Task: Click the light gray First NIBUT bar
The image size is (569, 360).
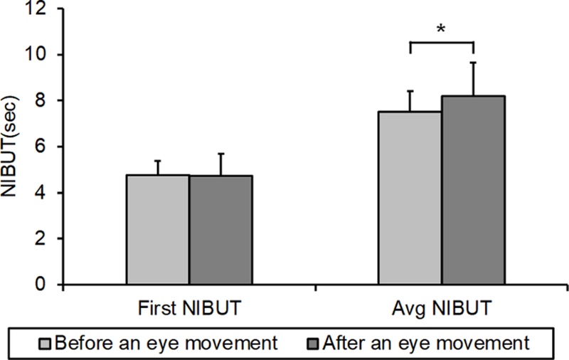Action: coord(158,230)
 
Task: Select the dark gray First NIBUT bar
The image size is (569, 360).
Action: coord(220,230)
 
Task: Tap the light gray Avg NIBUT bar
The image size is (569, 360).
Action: coord(410,198)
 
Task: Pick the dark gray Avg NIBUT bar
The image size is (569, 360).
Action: coord(473,190)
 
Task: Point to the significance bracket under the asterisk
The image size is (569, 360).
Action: coord(442,43)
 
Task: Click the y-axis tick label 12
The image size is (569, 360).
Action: coord(42,9)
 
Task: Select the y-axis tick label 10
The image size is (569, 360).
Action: coord(42,55)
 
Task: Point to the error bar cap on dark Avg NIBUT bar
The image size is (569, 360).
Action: coord(473,63)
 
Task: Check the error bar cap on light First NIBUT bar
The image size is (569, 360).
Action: coord(158,161)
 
